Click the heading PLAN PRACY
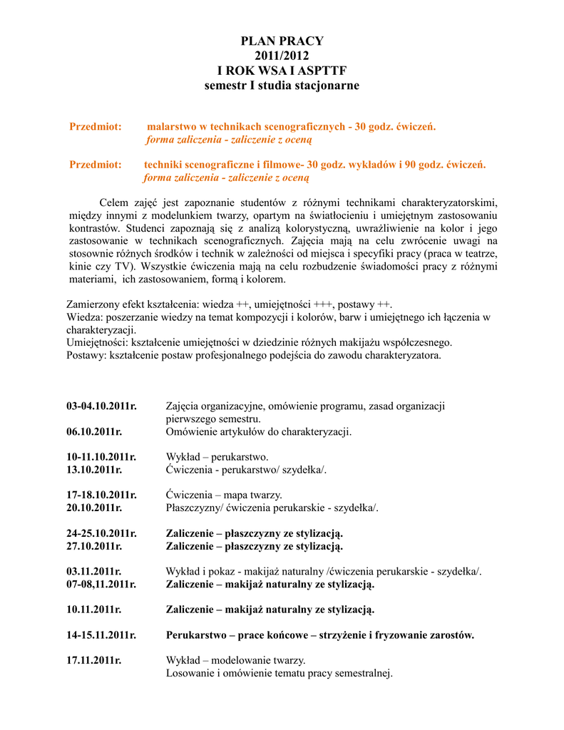click(x=282, y=41)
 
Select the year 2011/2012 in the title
click(x=282, y=56)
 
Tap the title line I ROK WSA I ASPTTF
click(x=282, y=71)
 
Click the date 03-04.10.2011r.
click(x=101, y=406)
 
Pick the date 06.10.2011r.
click(x=94, y=432)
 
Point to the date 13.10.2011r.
click(x=94, y=470)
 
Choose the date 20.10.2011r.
click(x=94, y=508)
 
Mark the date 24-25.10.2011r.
click(x=101, y=533)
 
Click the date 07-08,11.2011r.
click(x=101, y=584)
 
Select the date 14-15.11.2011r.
click(x=101, y=634)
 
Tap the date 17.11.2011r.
click(x=94, y=660)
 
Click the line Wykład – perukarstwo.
click(x=217, y=457)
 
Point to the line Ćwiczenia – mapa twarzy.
click(x=224, y=495)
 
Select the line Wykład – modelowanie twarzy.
click(x=235, y=660)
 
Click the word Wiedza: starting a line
click(x=84, y=317)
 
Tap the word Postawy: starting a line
click(x=86, y=355)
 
